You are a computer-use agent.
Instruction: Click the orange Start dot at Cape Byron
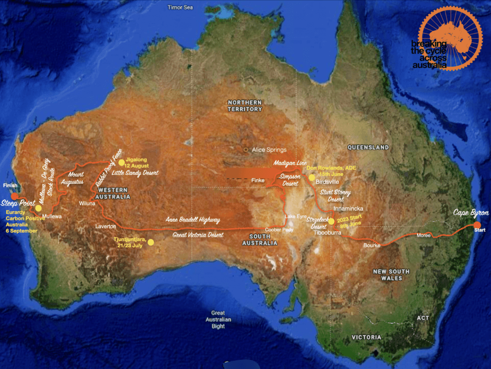click(x=477, y=225)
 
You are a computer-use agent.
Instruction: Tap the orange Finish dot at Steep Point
click(x=14, y=196)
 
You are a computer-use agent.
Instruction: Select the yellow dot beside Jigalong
click(x=122, y=162)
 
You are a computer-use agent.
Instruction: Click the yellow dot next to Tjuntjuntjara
click(x=151, y=242)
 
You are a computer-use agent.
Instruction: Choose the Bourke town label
click(x=372, y=245)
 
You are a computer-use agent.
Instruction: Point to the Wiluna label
click(x=87, y=203)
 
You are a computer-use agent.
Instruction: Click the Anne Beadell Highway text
click(x=193, y=220)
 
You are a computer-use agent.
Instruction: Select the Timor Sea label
click(x=180, y=7)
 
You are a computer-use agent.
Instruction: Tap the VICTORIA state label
click(x=366, y=337)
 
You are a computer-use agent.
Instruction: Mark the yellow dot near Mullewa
click(x=38, y=208)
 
